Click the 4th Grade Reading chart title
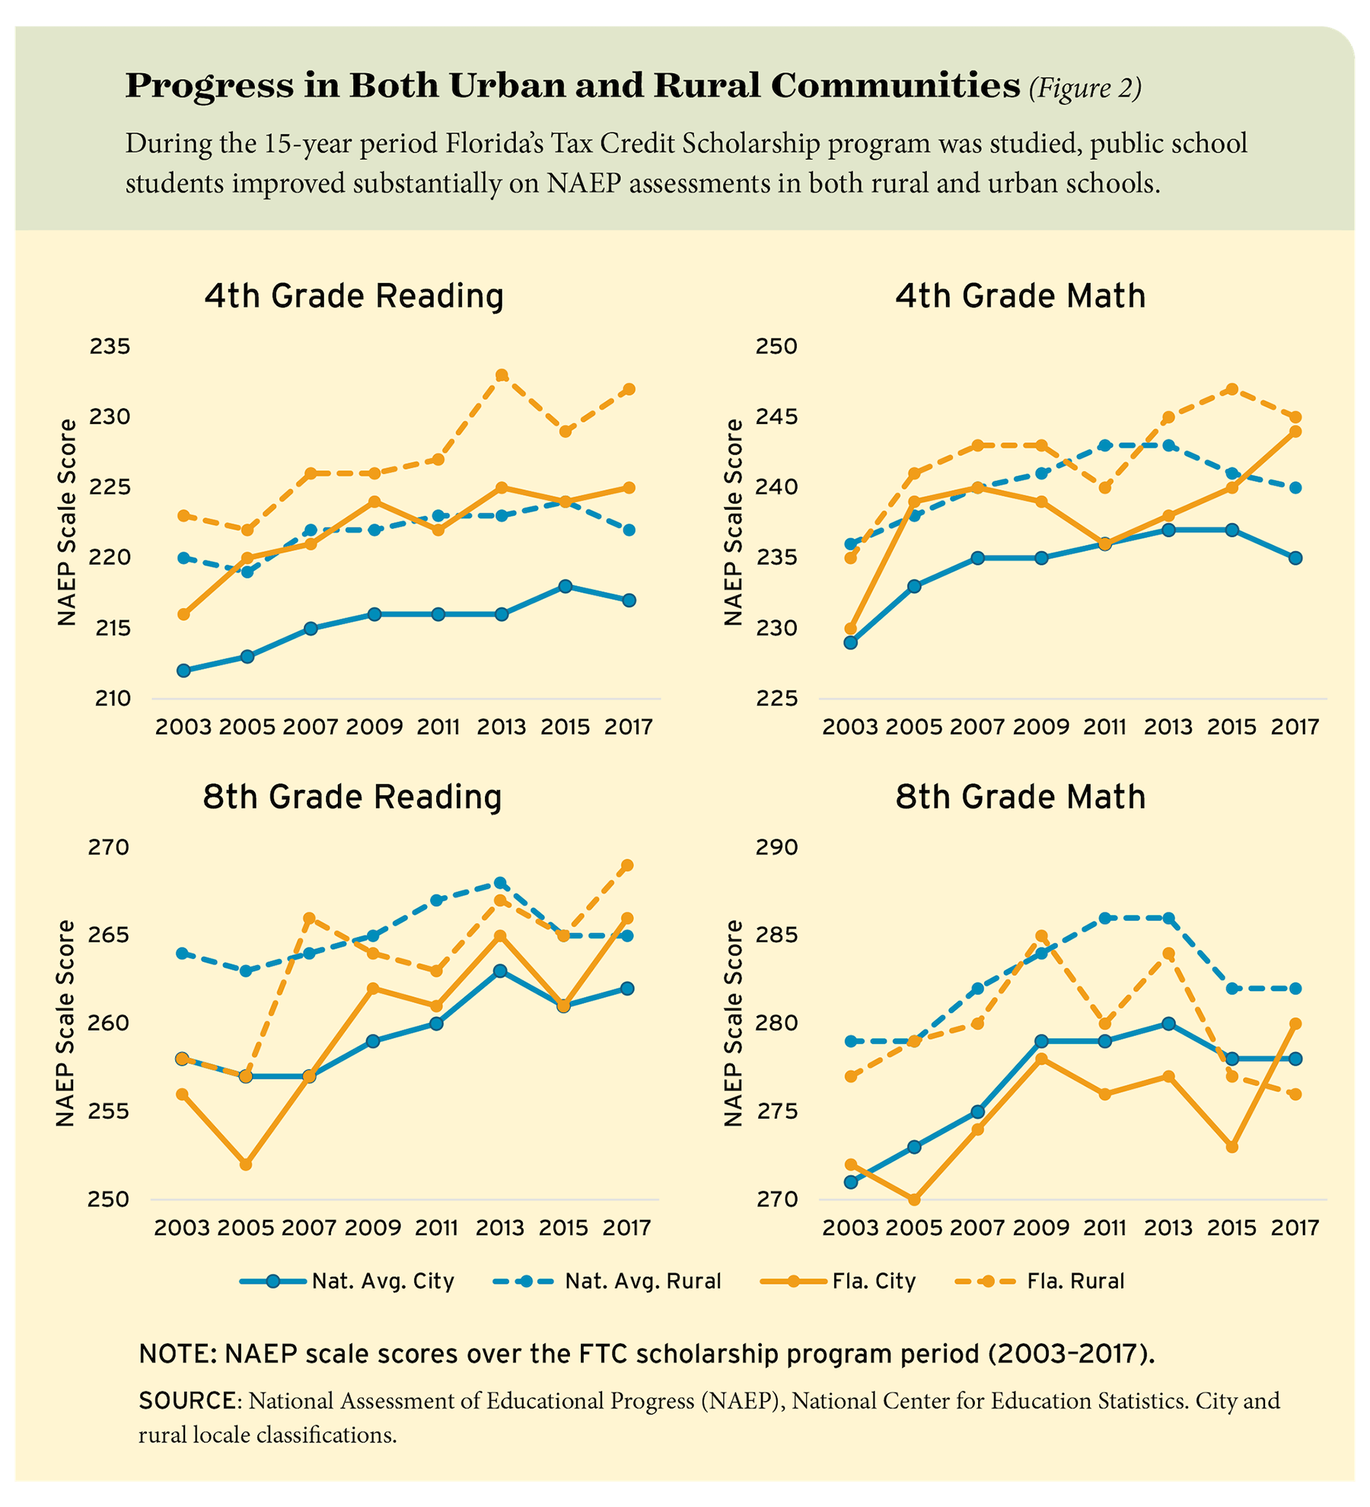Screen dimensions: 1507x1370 coord(354,296)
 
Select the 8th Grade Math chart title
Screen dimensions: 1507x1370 coord(1020,797)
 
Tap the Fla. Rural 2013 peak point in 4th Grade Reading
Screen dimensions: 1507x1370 coord(502,375)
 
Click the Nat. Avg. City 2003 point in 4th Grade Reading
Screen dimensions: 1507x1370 coord(183,671)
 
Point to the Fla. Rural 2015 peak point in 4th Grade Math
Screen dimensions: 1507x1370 coord(1232,389)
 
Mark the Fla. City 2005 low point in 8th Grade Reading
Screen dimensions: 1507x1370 coord(246,1164)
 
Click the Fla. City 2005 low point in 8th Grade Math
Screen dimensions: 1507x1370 coord(914,1200)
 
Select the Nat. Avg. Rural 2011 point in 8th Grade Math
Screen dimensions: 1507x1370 coord(1104,918)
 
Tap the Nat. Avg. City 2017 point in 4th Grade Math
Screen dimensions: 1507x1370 coord(1295,558)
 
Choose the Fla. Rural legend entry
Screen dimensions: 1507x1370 coord(1040,1282)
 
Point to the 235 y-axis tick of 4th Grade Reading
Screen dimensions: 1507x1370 coord(110,347)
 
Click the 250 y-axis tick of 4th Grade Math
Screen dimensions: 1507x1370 coord(776,347)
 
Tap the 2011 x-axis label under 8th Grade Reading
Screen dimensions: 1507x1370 coord(437,1228)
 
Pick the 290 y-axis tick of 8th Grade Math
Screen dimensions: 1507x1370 coord(776,848)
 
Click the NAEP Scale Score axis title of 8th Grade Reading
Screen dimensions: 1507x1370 coord(67,1024)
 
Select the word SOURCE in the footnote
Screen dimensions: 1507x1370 coord(186,1401)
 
